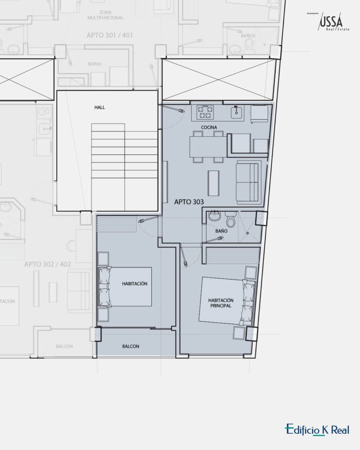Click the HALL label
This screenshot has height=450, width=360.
point(99,107)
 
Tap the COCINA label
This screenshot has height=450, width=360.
point(209,127)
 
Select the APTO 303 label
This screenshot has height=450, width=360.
point(189,202)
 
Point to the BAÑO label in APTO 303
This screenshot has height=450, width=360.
point(221,230)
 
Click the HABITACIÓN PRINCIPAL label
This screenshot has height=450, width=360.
point(221,303)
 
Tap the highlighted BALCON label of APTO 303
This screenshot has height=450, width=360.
point(131,346)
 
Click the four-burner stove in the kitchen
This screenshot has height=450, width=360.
point(205,112)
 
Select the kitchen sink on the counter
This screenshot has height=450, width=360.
point(236,112)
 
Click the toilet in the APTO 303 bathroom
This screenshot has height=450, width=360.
point(230,220)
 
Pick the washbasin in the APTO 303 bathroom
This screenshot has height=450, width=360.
point(214,217)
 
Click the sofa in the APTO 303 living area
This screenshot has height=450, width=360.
point(248,181)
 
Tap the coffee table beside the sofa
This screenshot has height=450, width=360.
point(214,182)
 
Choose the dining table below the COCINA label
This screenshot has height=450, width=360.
point(208,147)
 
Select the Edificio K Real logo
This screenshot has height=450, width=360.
point(317,430)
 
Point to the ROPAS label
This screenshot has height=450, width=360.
point(95,64)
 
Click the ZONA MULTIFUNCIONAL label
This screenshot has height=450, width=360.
point(105,15)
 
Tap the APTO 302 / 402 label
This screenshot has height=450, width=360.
point(47,264)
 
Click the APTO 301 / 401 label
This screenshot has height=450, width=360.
point(110,35)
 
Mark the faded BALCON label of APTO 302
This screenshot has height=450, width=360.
point(64,346)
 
